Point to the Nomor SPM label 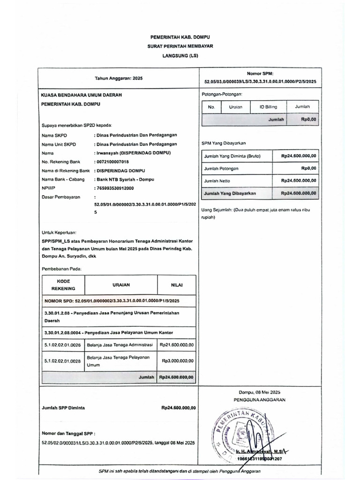[260, 73]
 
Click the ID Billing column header [268, 107]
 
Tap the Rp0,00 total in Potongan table [308, 120]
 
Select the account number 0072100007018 [115, 162]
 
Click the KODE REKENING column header [62, 285]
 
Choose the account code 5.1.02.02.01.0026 [62, 345]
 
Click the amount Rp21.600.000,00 [177, 345]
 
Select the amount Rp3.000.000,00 [178, 361]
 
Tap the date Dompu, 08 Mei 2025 [259, 392]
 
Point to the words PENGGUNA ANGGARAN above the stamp [259, 400]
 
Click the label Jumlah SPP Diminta [63, 408]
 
